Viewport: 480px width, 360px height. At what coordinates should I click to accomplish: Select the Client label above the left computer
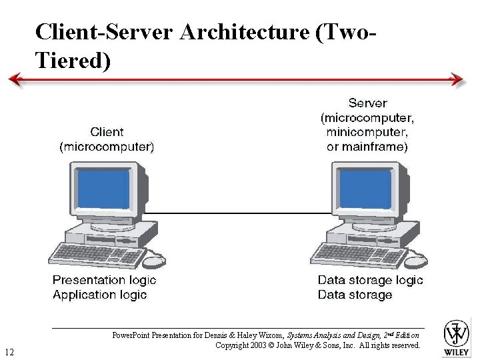point(107,132)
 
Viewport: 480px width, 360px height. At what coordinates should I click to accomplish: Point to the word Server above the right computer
point(367,103)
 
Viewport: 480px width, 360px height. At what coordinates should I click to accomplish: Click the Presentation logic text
point(104,281)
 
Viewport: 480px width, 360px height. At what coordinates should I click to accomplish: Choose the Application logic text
point(99,295)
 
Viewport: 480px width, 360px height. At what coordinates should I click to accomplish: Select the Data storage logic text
point(370,281)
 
